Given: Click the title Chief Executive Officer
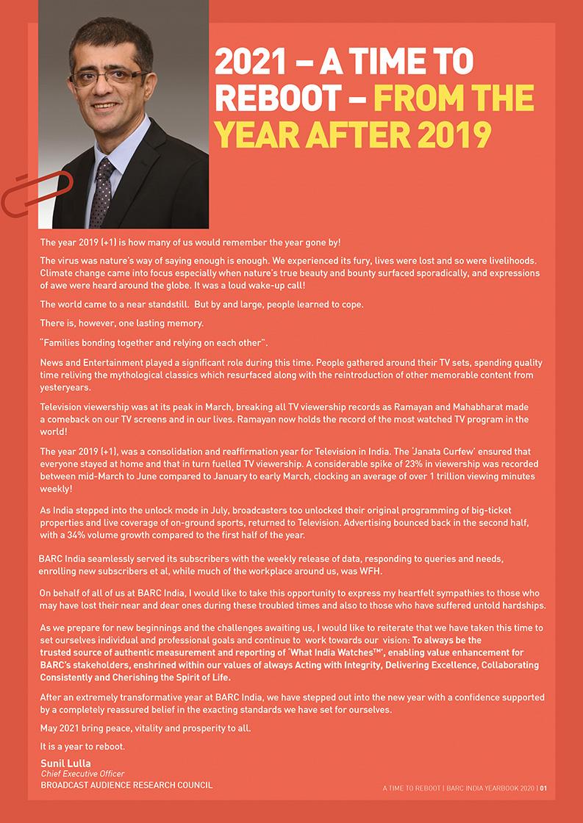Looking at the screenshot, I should (x=82, y=774).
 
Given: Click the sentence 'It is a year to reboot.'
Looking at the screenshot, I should (x=83, y=747).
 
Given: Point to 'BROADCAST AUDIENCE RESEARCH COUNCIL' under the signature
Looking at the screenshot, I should (x=126, y=785).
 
